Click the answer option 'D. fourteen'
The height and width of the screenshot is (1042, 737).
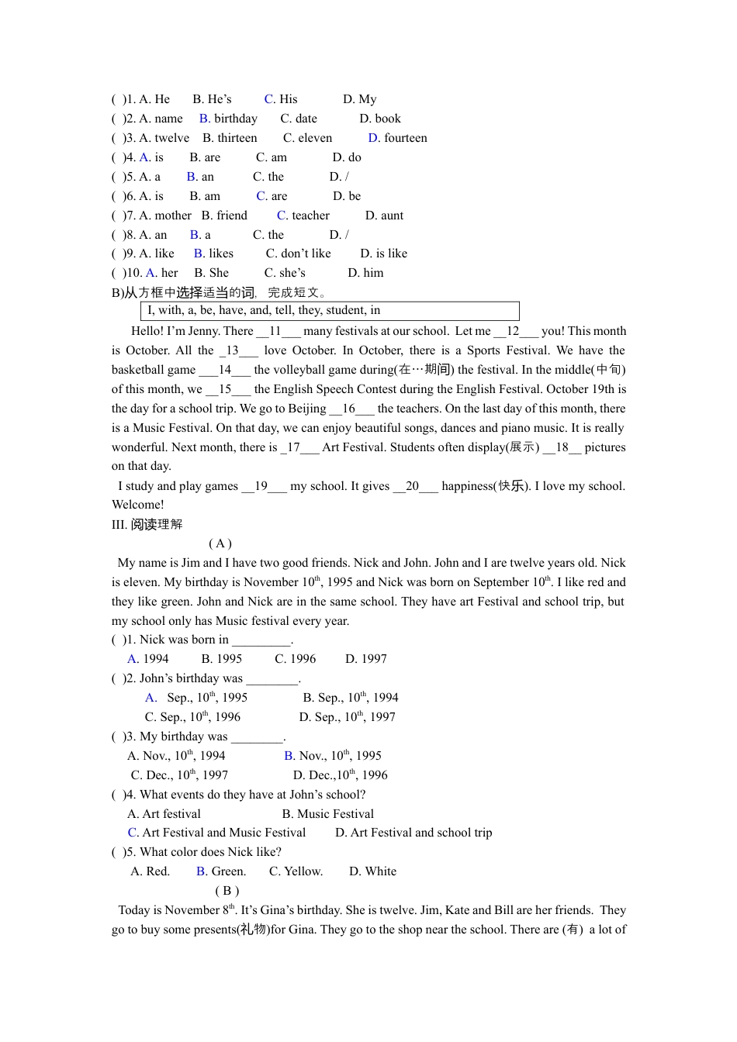point(397,138)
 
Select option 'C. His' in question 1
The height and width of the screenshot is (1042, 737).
point(281,99)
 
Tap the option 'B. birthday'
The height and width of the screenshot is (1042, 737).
point(228,119)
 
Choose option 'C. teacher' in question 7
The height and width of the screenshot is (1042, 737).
point(303,216)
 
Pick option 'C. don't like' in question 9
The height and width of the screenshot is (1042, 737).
point(298,254)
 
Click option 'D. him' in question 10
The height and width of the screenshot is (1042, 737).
point(365,273)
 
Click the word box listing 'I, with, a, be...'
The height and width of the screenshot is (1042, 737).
point(330,311)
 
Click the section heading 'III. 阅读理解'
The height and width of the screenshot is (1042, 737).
point(147,525)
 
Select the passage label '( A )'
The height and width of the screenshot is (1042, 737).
point(220,543)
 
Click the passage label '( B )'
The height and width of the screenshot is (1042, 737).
point(227,891)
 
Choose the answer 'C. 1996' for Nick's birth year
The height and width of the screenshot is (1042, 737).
point(296,659)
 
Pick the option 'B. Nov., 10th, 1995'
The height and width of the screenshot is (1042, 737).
point(333,756)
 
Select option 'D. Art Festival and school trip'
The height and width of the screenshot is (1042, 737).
point(413,833)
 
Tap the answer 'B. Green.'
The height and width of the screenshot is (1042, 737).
point(221,871)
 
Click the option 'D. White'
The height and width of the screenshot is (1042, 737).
point(372,871)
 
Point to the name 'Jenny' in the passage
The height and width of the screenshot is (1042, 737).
point(204,331)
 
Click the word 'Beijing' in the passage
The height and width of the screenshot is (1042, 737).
point(307,409)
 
